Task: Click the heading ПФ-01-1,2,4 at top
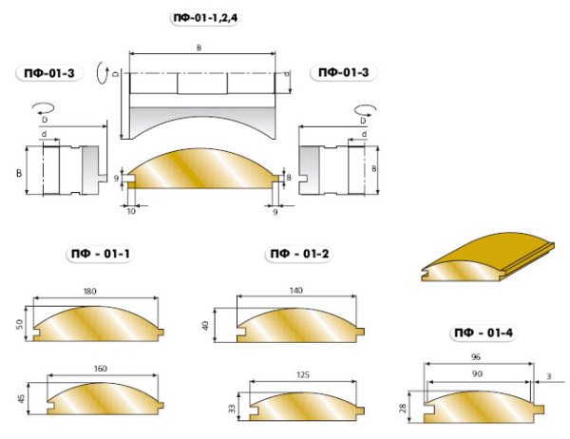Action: pyautogui.click(x=205, y=17)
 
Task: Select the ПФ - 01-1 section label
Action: pyautogui.click(x=101, y=253)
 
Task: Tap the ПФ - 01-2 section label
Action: pyautogui.click(x=299, y=253)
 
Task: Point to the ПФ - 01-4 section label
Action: pyautogui.click(x=484, y=333)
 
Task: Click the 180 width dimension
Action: pyautogui.click(x=90, y=291)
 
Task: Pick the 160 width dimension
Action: pyautogui.click(x=101, y=369)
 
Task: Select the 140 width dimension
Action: pyautogui.click(x=296, y=290)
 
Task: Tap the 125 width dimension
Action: pyautogui.click(x=303, y=374)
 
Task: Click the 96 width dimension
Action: pyautogui.click(x=476, y=356)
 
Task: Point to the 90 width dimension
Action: pyautogui.click(x=477, y=373)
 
